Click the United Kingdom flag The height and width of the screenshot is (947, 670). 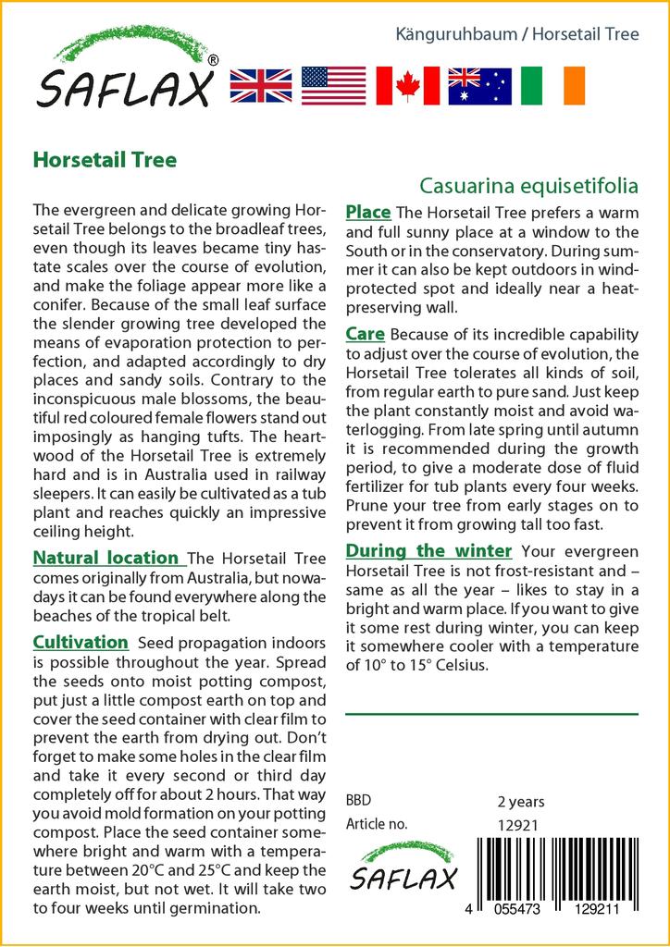(261, 85)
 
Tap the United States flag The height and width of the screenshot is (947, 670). (333, 85)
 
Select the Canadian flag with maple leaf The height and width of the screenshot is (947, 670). (407, 85)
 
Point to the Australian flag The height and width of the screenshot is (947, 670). (479, 85)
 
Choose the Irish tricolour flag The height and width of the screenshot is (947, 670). (552, 85)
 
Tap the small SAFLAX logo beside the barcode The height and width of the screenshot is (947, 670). (405, 868)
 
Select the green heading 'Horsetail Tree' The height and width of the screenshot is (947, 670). (104, 159)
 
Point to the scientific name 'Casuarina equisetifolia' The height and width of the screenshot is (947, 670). (528, 185)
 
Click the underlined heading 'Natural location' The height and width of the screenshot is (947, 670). (105, 558)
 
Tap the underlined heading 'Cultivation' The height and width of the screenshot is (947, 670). (81, 642)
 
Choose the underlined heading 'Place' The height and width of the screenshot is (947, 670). (368, 213)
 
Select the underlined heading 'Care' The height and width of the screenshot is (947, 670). (366, 334)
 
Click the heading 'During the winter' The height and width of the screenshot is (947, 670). (428, 551)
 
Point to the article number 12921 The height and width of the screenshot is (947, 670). (518, 825)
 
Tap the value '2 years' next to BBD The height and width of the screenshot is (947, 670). (521, 802)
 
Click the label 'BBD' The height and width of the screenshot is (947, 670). (359, 801)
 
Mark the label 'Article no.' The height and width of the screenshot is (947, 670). (377, 824)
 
